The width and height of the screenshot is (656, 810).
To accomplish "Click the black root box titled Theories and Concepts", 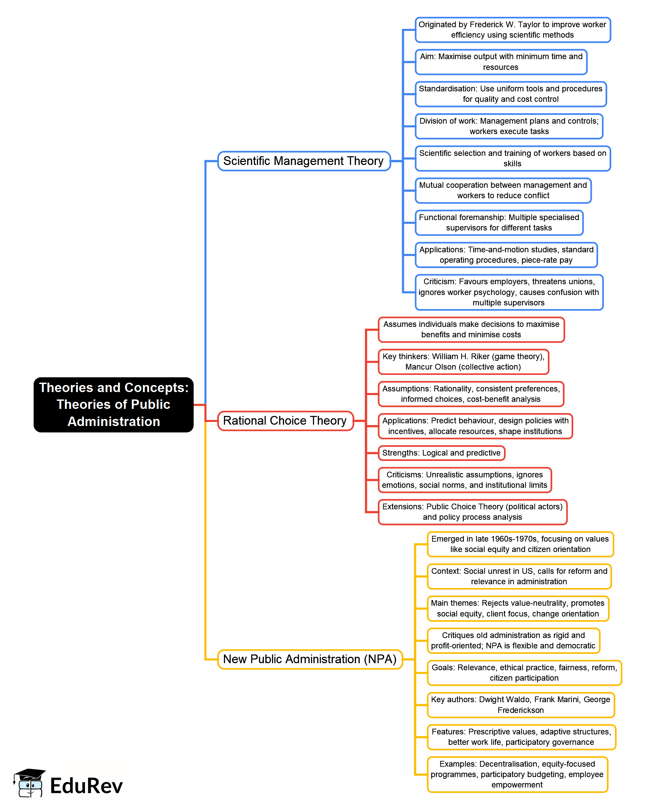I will (113, 404).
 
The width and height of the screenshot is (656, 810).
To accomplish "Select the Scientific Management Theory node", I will (304, 161).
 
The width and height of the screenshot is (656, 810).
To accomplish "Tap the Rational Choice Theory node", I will (285, 421).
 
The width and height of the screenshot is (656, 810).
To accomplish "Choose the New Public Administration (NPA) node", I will (310, 659).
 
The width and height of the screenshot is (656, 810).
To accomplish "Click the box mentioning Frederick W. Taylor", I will (512, 30).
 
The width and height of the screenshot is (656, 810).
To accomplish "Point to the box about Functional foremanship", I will (499, 223).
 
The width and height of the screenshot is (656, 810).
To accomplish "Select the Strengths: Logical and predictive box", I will (441, 453).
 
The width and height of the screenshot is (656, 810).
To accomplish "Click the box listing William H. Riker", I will (463, 362).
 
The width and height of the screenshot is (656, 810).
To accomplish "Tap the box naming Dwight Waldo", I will (521, 705).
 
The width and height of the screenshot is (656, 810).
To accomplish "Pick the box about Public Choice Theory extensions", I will (472, 512).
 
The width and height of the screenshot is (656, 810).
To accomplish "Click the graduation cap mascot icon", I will (30, 782).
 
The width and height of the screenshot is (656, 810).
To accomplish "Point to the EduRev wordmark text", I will (86, 786).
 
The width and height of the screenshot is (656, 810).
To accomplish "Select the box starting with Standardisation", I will (510, 94).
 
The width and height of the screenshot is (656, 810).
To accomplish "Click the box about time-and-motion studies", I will (506, 255).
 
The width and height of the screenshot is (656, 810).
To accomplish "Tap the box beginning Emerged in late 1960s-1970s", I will (520, 544).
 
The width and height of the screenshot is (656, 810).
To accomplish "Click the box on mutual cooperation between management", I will (503, 190).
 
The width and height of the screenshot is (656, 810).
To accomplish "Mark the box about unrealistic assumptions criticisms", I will (465, 480).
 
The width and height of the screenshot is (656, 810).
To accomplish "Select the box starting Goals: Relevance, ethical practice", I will (524, 673).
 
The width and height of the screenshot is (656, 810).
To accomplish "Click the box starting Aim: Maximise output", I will (501, 62).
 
